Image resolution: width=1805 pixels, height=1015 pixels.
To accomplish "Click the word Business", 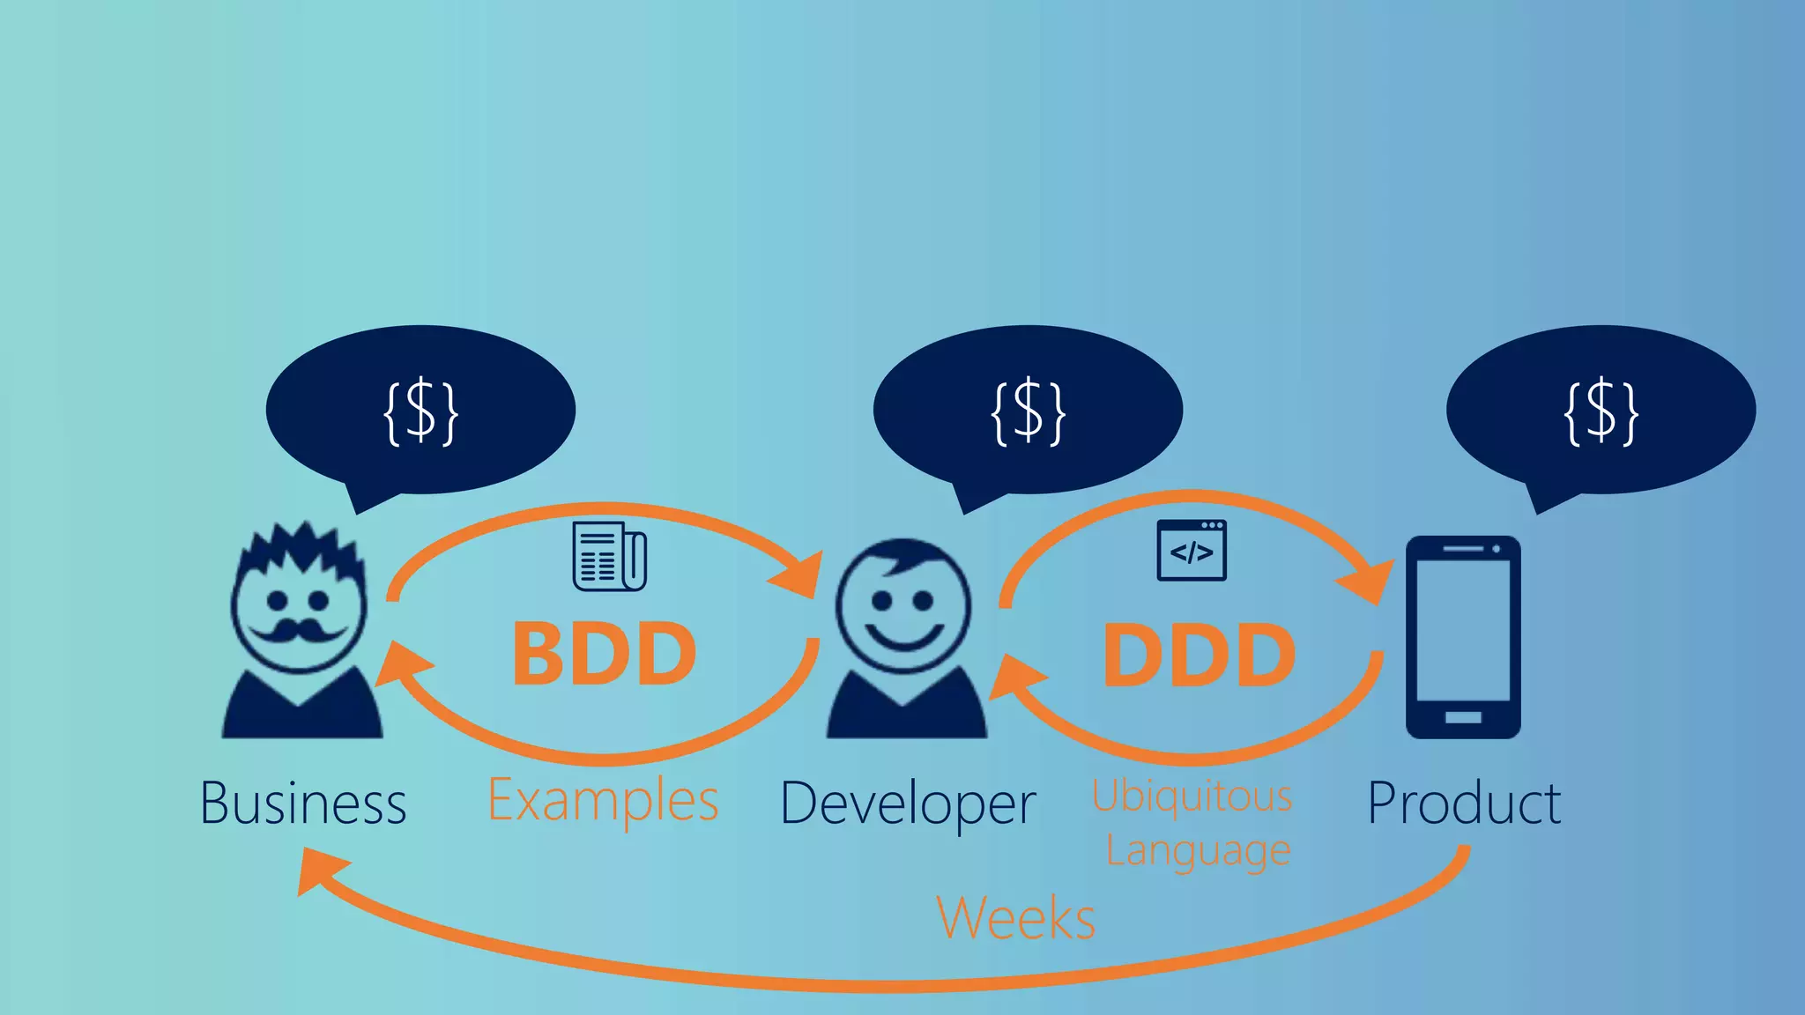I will point(303,803).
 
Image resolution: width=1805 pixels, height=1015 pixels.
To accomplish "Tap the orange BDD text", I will point(605,654).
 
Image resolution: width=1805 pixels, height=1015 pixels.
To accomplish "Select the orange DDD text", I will point(1199,655).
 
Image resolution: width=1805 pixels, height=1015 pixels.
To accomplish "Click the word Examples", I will point(603,801).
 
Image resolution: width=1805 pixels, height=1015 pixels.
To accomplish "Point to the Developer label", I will point(908,804).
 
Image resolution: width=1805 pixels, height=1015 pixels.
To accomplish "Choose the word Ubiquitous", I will point(1192,796).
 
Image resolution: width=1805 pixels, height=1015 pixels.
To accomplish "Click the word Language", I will point(1198,850).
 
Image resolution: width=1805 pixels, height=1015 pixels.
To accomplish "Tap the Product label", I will point(1464,803).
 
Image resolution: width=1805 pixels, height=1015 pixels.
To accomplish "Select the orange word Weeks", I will point(1015,917).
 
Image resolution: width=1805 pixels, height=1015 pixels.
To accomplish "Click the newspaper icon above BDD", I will point(609,556).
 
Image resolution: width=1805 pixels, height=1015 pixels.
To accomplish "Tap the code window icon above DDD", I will point(1191,551).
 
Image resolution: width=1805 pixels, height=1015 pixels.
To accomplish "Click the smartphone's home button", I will point(1463,717).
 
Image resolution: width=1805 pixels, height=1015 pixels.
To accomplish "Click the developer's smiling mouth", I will point(903,636).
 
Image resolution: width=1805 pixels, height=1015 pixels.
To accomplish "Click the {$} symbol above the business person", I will point(421,411).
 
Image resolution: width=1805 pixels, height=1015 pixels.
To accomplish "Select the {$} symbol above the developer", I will point(1029,411).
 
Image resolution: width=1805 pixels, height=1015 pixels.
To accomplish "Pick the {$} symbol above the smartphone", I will point(1601,411).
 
